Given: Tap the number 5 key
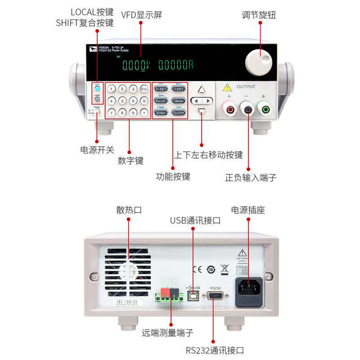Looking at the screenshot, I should click(x=121, y=100).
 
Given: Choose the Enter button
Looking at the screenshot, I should click(x=161, y=113).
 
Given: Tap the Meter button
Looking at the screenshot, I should click(x=179, y=101).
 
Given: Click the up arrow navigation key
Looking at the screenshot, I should click(x=202, y=90).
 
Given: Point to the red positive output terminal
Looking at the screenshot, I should click(x=229, y=108).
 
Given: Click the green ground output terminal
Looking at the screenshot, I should click(x=264, y=108).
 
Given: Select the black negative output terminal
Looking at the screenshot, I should click(x=247, y=108).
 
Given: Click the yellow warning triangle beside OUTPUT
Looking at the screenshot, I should click(x=228, y=87).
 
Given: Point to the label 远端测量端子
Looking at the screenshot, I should click(x=167, y=333).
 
